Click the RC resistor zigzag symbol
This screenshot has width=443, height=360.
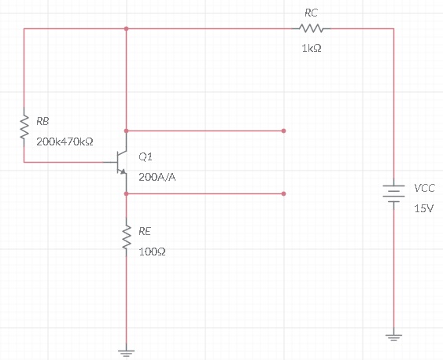[311, 28]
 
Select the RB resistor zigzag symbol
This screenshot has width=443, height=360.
[24, 127]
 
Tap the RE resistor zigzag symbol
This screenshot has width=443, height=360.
[126, 237]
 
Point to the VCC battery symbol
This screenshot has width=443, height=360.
[393, 193]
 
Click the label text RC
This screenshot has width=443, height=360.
[311, 13]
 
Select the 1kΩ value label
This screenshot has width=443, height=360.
[312, 49]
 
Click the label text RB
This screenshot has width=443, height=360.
[42, 121]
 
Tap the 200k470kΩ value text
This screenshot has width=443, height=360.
[65, 141]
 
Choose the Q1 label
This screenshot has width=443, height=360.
[146, 156]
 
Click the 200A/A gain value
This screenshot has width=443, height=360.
[157, 177]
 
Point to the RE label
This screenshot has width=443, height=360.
[145, 231]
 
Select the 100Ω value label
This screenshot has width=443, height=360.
[152, 252]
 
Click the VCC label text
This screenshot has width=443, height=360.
[424, 188]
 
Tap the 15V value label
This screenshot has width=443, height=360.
[423, 208]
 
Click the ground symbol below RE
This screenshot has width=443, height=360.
[126, 353]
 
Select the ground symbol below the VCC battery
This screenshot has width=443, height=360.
[393, 337]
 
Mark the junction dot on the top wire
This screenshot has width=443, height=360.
[126, 28]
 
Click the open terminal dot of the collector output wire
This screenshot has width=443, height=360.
[283, 131]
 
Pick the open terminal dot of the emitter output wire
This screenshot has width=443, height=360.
[283, 193]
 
